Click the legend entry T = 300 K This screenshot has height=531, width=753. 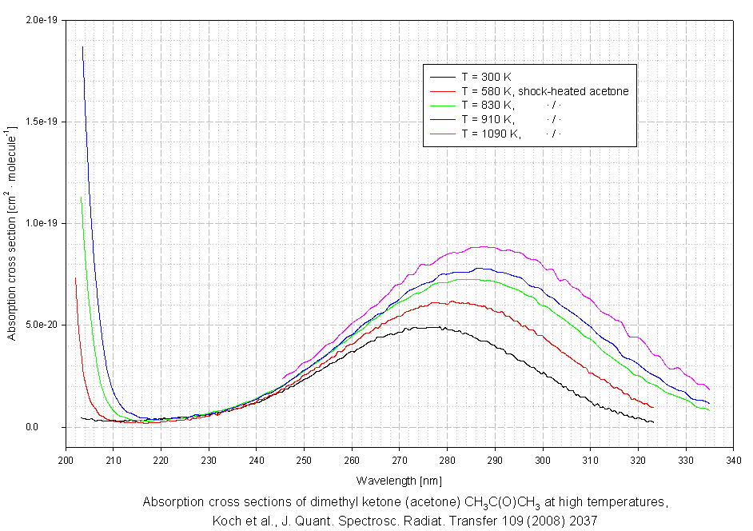(x=488, y=77)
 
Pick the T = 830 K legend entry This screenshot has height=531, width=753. (x=488, y=106)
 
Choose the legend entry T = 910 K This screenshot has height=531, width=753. (x=488, y=119)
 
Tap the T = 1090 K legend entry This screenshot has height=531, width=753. (x=491, y=134)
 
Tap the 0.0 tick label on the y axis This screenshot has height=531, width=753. (x=53, y=427)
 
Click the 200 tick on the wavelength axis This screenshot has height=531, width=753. (x=66, y=461)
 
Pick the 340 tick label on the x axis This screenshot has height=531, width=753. (x=734, y=461)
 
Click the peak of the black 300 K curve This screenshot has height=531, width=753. (x=432, y=326)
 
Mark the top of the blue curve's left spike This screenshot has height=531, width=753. (x=82, y=47)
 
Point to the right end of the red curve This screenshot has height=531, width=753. (x=653, y=407)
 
